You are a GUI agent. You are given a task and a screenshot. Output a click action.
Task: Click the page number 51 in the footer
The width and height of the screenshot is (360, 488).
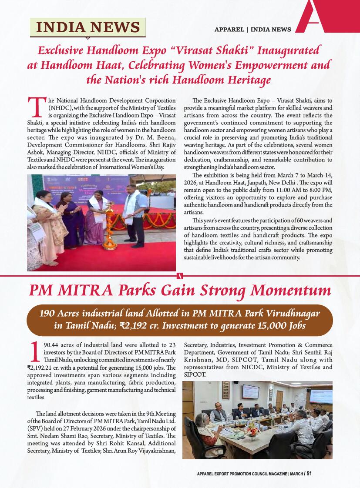(x=309, y=474)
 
